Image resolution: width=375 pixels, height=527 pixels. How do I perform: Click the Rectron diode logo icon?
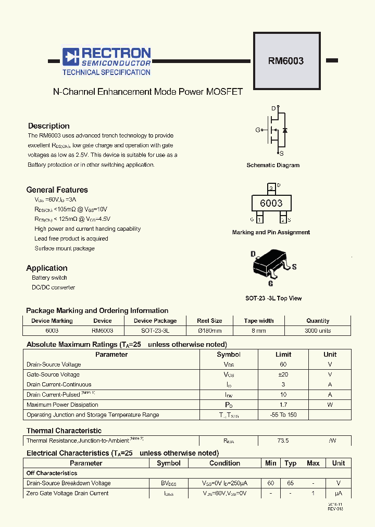[x=70, y=57]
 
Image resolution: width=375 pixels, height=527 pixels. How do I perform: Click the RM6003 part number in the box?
[x=286, y=60]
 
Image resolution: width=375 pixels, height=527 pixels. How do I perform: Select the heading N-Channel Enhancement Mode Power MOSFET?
[x=148, y=92]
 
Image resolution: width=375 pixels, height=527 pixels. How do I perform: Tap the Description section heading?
[x=48, y=126]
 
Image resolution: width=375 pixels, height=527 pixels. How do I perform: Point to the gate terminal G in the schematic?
[x=257, y=130]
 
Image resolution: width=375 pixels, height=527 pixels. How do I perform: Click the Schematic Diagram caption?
[x=273, y=165]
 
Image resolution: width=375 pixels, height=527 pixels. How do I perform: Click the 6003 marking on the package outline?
[x=271, y=203]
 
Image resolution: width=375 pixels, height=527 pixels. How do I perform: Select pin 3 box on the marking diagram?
[x=271, y=187]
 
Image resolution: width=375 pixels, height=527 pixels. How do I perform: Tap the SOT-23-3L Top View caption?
[x=273, y=298]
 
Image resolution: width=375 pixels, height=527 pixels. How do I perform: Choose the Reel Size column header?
[x=209, y=321]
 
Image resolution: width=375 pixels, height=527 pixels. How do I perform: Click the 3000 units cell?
[x=318, y=331]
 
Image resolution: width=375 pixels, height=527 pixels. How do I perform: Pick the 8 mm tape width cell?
[x=259, y=331]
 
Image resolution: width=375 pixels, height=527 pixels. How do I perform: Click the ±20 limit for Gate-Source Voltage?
[x=283, y=374]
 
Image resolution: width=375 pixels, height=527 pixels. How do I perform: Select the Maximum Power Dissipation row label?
[x=63, y=405]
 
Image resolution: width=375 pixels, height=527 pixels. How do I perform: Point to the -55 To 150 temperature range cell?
[x=283, y=415]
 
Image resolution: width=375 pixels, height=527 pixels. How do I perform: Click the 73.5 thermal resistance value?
[x=283, y=441]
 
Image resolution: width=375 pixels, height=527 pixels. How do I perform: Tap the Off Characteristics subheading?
[x=52, y=473]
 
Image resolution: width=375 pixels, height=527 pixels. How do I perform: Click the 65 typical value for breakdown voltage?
[x=291, y=483]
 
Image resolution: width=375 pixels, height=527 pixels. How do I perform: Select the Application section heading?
[x=47, y=268]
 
